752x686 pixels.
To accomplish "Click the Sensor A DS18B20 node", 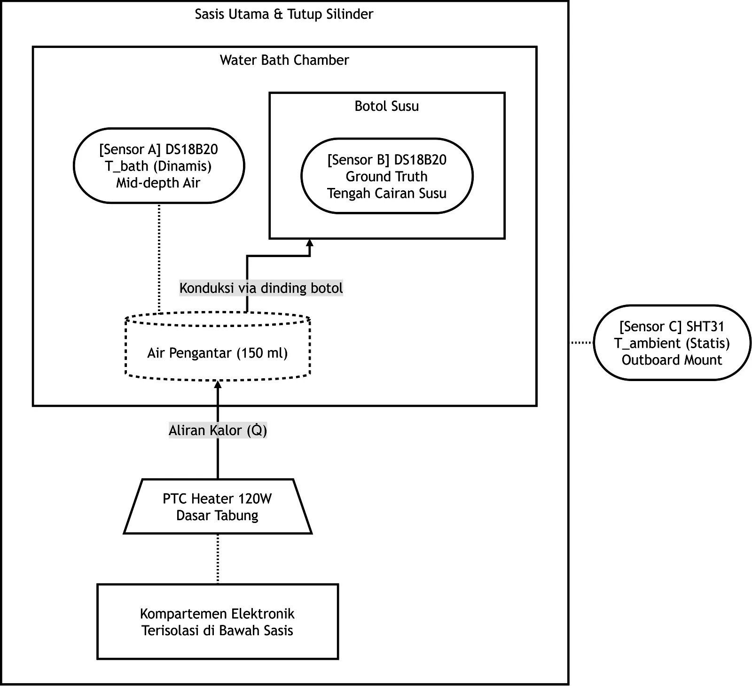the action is tap(159, 166).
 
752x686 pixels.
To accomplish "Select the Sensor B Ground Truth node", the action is tap(387, 176).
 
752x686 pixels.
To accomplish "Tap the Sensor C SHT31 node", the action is tap(672, 343).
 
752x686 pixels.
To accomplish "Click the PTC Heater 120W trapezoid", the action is tap(218, 507).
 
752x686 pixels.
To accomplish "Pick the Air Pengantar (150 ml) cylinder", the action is tap(218, 347).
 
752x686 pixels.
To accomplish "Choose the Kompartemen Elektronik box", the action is tap(218, 622).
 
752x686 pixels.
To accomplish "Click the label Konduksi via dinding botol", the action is tap(261, 288).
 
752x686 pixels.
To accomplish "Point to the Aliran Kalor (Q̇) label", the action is tap(218, 430).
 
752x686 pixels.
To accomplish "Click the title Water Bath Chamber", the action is tap(284, 60).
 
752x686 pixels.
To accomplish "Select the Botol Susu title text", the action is tap(387, 106).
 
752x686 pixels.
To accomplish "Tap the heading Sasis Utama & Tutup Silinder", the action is tap(284, 14).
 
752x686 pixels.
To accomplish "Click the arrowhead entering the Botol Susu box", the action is tap(309, 243).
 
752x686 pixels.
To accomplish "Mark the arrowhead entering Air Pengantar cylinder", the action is tap(218, 384).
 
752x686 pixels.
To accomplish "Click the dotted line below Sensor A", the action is tap(159, 258).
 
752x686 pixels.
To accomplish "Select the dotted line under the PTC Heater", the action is tap(218, 559).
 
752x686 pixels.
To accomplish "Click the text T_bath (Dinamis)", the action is tap(158, 166).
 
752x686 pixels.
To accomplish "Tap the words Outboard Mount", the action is tap(672, 360).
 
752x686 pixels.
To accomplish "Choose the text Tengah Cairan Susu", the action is tap(387, 194).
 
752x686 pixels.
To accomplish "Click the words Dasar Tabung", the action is tap(217, 515).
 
